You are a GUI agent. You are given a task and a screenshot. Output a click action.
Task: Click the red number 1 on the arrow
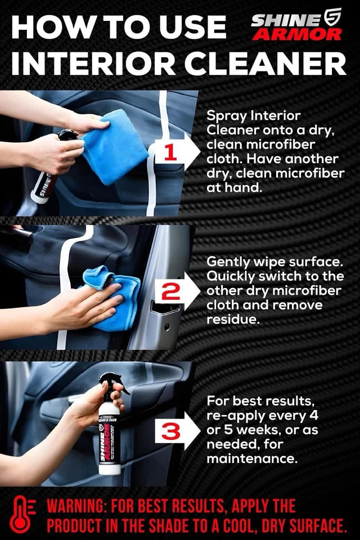(x=171, y=152)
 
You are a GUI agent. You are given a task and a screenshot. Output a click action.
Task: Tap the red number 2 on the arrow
(x=171, y=292)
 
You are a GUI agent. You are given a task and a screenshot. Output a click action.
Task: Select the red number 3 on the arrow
(x=170, y=431)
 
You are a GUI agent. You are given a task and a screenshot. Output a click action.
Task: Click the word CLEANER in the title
(x=265, y=64)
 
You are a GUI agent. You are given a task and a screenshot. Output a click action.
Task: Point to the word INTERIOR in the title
(x=93, y=64)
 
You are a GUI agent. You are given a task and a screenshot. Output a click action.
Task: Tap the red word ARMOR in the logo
(x=297, y=34)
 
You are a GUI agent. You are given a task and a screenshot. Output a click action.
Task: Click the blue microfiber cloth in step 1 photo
(x=113, y=147)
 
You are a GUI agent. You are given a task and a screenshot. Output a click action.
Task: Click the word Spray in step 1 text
(x=227, y=116)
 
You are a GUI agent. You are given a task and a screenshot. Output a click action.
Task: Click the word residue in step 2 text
(x=232, y=319)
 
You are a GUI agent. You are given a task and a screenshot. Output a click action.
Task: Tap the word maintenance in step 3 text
(x=252, y=458)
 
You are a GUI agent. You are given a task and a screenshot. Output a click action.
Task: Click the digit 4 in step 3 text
(x=313, y=415)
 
